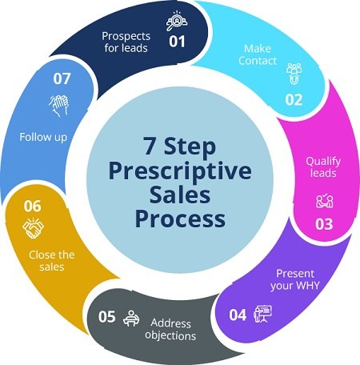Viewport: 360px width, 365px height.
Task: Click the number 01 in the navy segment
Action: click(177, 42)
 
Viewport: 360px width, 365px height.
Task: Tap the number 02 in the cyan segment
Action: click(294, 100)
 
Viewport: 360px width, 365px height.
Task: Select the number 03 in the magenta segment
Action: click(324, 224)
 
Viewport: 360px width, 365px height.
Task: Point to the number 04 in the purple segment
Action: click(238, 315)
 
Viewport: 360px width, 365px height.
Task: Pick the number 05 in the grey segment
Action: click(106, 316)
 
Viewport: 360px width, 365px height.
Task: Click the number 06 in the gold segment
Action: click(33, 206)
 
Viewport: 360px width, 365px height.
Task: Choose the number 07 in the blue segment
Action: click(62, 78)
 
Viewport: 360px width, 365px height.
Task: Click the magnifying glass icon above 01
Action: click(176, 21)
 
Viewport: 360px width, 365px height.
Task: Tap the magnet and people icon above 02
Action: click(294, 74)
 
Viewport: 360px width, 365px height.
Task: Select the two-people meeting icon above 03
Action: click(325, 201)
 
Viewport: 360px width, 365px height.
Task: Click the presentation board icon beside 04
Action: click(262, 314)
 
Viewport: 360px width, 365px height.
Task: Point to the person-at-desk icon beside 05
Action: click(131, 318)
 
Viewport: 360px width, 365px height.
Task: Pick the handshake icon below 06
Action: click(33, 228)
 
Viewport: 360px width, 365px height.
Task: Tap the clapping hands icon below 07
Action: click(59, 106)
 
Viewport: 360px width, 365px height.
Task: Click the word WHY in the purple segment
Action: click(307, 286)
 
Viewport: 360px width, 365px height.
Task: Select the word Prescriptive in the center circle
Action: click(180, 170)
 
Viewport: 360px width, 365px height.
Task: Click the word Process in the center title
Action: click(180, 219)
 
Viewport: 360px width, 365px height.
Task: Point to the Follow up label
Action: click(43, 138)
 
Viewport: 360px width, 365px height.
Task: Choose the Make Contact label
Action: click(258, 54)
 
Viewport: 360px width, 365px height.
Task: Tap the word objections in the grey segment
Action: click(170, 335)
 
